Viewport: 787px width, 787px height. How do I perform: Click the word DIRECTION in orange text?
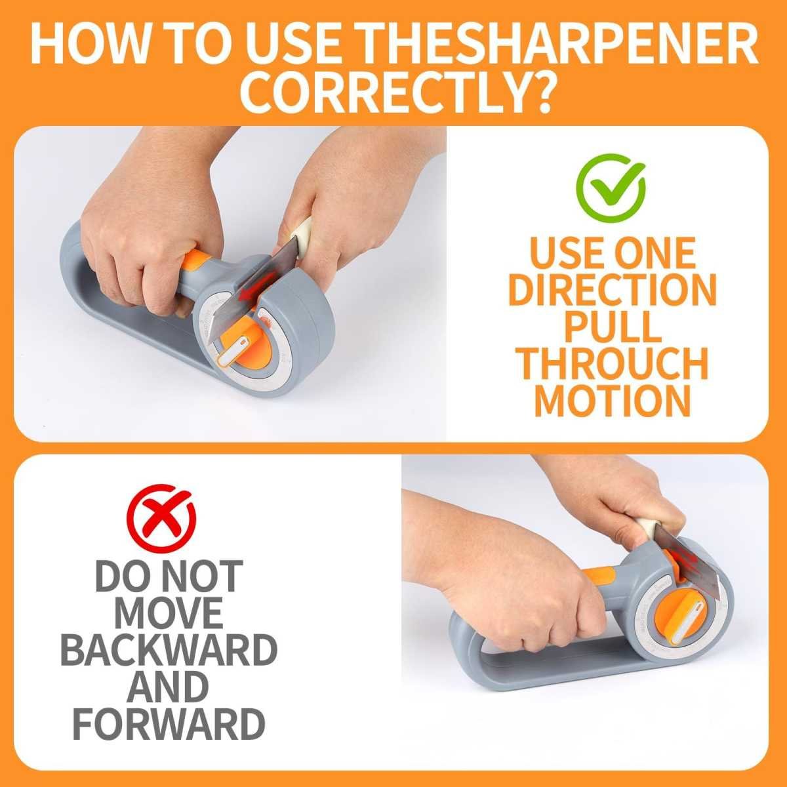(x=613, y=290)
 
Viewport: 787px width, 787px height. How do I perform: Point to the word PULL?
(x=613, y=327)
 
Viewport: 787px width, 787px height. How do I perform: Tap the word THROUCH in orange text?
(x=613, y=363)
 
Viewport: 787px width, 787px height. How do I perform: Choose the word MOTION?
(x=613, y=400)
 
